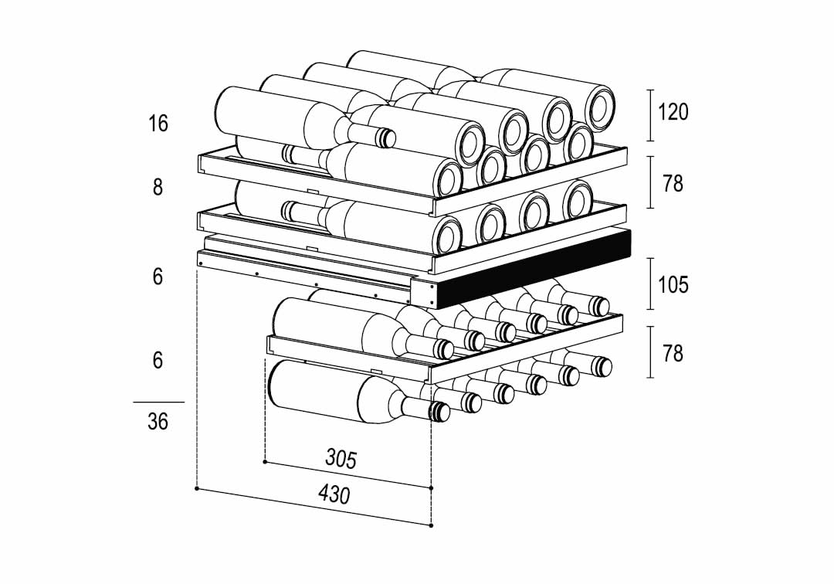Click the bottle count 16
pos(158,124)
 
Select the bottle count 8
pos(158,187)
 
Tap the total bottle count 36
pos(158,422)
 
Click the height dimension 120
pos(673,112)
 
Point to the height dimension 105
pos(673,285)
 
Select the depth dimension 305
pos(341,459)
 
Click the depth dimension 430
pos(334,494)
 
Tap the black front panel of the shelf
pos(532,269)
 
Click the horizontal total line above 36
pos(158,402)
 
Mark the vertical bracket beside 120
pos(650,115)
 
